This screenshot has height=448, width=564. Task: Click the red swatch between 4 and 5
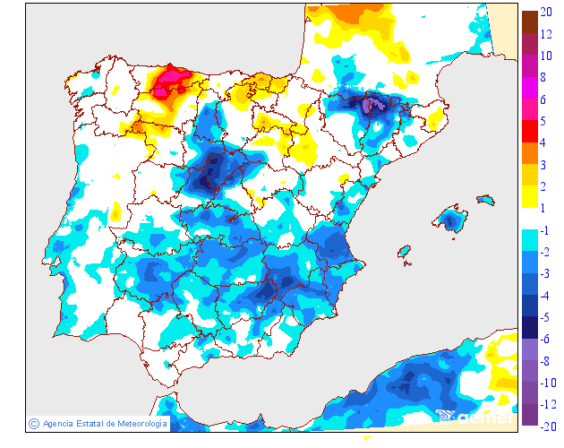529,131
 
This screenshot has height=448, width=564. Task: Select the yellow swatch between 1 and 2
529,196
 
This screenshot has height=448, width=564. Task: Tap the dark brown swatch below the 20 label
529,22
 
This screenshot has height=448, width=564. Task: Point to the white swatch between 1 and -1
529,219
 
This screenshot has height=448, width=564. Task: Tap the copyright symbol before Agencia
33,423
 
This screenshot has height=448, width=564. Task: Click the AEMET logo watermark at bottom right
474,416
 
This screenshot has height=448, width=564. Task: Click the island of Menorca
486,199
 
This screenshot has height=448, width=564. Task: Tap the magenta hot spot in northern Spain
167,84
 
